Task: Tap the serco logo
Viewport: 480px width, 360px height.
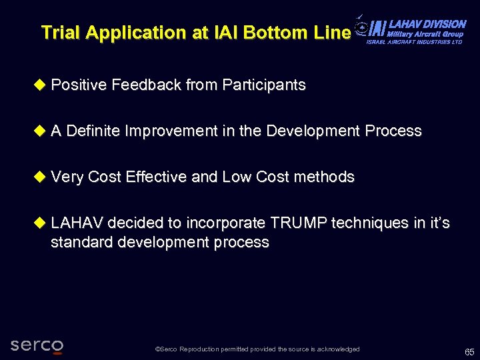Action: [x=37, y=345]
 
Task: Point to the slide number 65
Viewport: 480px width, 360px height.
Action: [x=469, y=351]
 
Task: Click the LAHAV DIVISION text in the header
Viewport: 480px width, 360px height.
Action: [x=427, y=24]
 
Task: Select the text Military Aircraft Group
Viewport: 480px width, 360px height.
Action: [x=425, y=33]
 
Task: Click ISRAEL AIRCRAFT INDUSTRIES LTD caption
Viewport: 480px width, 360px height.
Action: [x=414, y=42]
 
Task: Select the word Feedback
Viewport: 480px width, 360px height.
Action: [x=147, y=85]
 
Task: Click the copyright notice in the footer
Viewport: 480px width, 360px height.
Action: [x=257, y=349]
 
